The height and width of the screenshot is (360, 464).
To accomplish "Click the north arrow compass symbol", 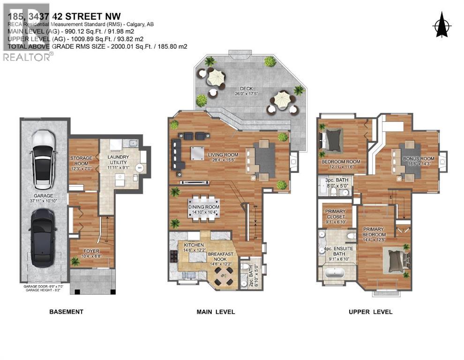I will point(440,24).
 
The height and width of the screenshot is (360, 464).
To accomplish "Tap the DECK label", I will point(246,89).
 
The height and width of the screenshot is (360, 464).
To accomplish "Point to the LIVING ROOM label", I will point(223,155).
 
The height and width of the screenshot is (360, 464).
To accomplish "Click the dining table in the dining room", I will point(204,207).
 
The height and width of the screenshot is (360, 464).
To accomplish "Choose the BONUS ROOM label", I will point(419,159).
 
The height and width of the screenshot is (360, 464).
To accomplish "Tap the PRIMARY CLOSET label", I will point(335,214).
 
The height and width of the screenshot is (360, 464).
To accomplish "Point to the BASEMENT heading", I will point(66,312).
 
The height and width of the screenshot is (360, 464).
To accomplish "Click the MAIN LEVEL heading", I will point(216,312).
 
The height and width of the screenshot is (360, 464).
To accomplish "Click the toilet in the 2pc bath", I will point(243,268).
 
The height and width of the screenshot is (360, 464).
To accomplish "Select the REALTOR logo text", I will point(27,57).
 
